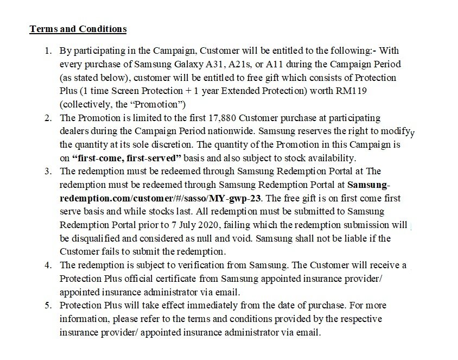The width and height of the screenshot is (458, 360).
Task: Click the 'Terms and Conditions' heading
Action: (x=78, y=29)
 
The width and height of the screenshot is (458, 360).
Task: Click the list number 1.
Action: (x=48, y=51)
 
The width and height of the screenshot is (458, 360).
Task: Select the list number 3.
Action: (x=48, y=171)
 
